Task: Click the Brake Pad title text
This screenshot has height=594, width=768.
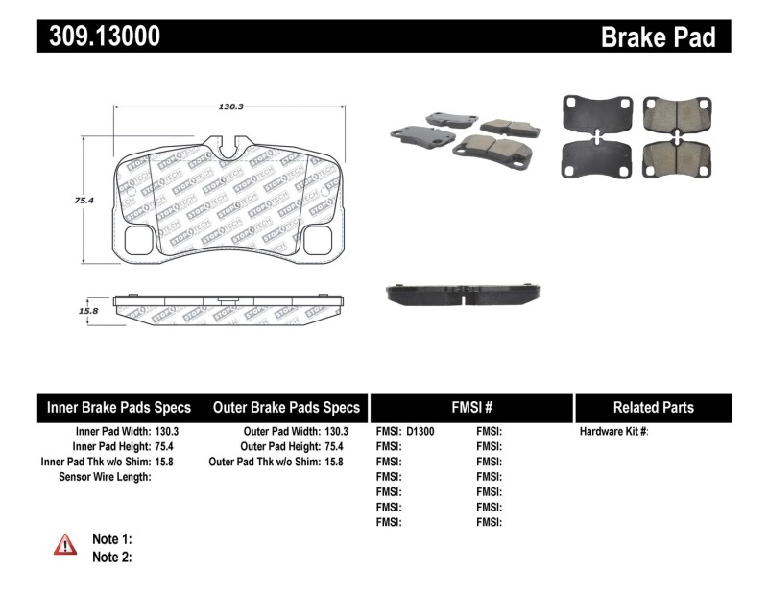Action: click(x=658, y=37)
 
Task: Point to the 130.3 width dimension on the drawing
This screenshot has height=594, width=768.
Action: click(x=228, y=108)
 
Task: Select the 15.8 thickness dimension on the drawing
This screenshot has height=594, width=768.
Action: click(x=87, y=310)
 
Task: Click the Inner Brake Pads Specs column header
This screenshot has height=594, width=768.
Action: click(x=119, y=407)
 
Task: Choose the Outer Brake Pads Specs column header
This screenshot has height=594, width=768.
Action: click(x=286, y=407)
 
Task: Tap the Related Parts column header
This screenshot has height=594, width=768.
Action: click(x=653, y=407)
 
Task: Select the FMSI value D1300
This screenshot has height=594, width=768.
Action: click(x=420, y=432)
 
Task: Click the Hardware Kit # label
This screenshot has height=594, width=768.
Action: click(x=614, y=432)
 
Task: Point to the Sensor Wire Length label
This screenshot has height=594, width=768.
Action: click(x=105, y=477)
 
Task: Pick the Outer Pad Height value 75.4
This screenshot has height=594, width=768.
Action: click(x=336, y=446)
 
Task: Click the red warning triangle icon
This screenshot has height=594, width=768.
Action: click(x=64, y=545)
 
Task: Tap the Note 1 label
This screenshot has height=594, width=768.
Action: click(x=111, y=538)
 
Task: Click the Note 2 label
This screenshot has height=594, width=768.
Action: click(x=111, y=556)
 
